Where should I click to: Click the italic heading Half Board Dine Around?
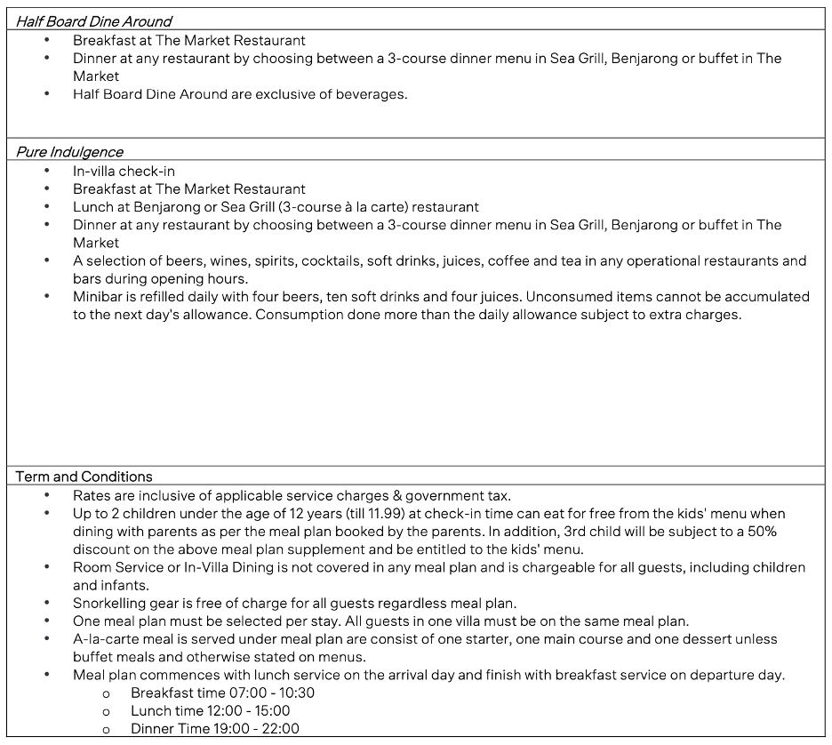93,20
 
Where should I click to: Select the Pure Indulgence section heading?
69,151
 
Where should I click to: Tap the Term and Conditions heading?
84,477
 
